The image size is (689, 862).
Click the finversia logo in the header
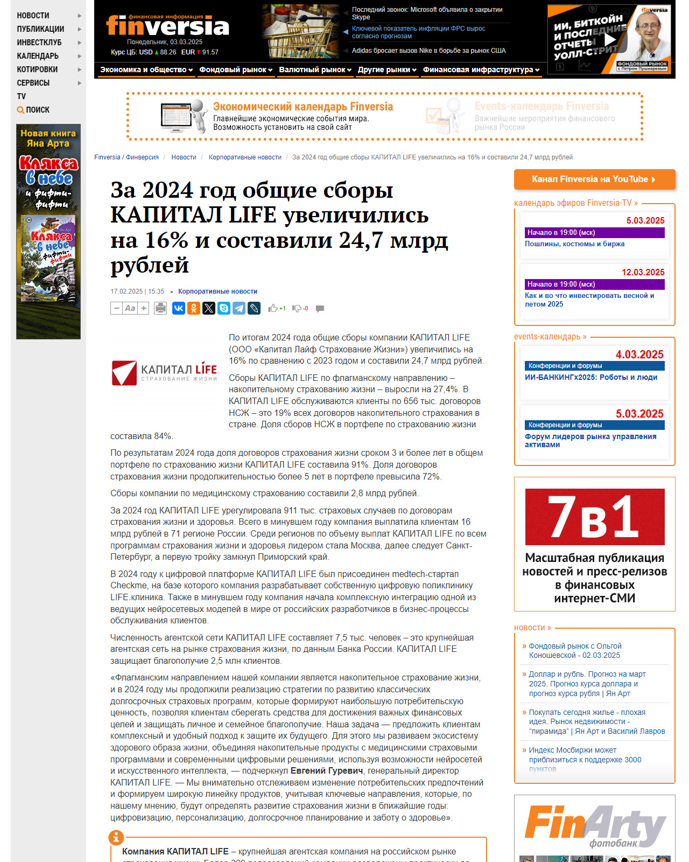167,25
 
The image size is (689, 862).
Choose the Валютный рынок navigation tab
315,69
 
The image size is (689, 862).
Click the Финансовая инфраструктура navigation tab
481,69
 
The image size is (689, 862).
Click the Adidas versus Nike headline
428,51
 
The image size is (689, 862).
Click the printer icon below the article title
160,308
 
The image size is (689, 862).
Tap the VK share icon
179,308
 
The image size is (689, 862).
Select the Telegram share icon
239,308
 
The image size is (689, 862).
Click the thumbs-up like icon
273,308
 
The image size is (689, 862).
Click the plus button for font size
144,308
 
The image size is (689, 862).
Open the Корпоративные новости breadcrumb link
245,157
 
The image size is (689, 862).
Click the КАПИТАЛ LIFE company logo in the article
164,373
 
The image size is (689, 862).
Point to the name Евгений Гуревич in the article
327,771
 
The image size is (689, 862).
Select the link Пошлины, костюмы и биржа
574,244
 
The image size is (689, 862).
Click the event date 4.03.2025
639,354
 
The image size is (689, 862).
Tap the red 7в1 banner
595,517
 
